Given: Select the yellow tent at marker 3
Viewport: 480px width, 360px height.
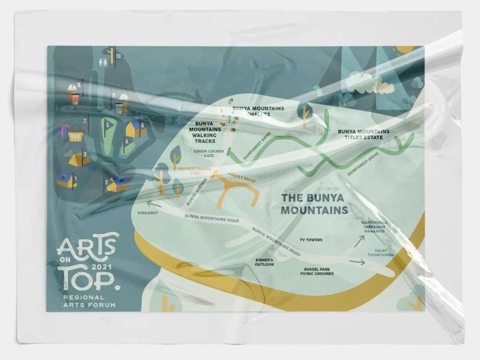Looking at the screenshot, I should click(77, 159).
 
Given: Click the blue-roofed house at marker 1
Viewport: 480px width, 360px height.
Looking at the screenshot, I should click(66, 180).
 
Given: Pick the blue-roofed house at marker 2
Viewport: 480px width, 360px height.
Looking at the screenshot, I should click(118, 183).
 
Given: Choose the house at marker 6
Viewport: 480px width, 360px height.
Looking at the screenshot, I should click(134, 129).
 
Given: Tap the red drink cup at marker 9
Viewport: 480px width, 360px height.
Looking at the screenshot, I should click(73, 96).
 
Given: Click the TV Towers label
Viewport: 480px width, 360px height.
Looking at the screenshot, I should click(311, 240).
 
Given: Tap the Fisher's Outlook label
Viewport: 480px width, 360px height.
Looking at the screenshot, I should click(264, 262).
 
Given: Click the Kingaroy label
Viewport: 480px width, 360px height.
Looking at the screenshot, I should click(148, 213).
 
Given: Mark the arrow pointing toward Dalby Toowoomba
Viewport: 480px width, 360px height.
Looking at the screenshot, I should click(357, 262).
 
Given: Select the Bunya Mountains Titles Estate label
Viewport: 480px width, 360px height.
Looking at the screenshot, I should click(363, 134).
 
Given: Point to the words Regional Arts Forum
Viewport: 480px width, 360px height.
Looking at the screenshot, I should click(83, 301).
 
